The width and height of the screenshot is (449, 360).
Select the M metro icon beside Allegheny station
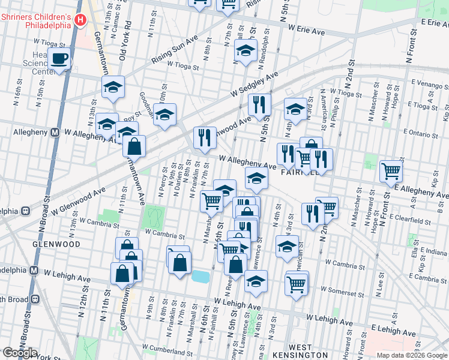(x=54, y=132)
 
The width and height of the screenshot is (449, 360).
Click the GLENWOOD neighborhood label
(x=58, y=245)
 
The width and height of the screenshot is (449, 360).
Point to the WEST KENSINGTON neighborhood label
(x=291, y=351)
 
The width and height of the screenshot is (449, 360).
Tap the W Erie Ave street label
(x=306, y=29)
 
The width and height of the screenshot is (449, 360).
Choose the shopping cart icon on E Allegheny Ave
(x=391, y=171)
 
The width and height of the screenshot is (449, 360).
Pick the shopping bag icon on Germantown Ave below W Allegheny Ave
(x=134, y=146)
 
